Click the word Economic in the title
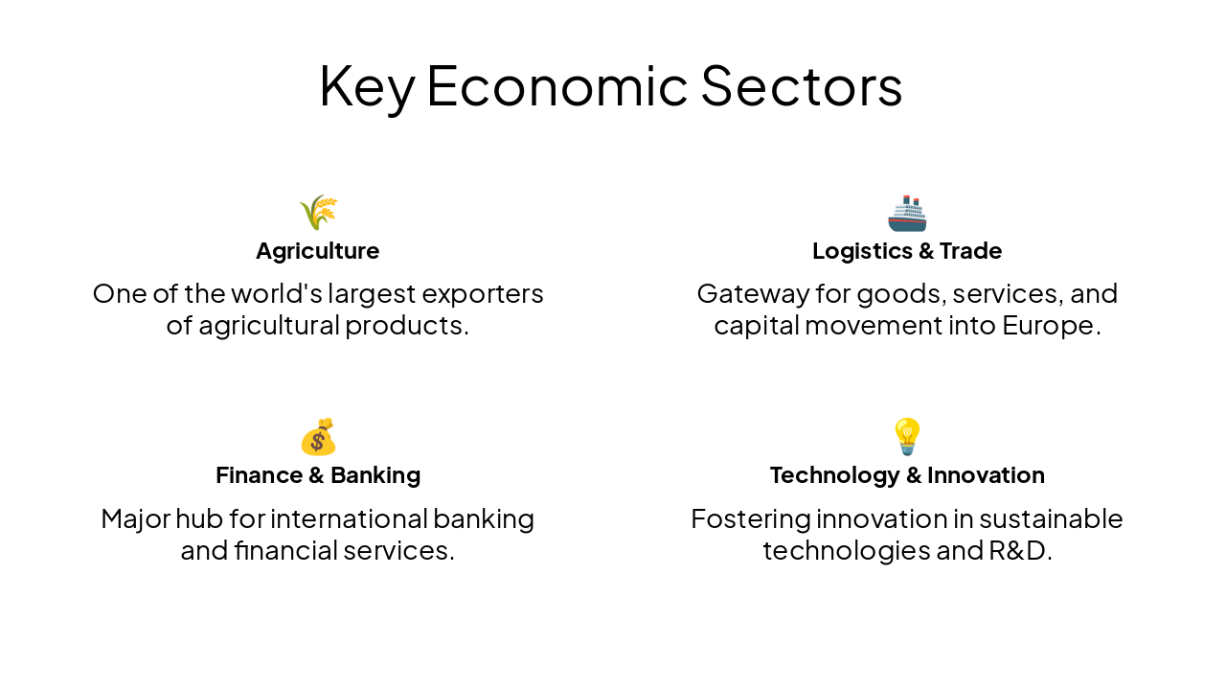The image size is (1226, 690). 556,85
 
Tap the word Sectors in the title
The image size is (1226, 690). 801,85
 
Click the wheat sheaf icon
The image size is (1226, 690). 318,212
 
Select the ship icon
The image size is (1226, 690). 907,213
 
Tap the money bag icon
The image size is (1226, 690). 318,437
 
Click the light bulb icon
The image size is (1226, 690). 907,437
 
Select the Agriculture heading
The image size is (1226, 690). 318,251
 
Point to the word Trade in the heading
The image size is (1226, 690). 970,251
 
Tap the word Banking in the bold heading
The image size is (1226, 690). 375,475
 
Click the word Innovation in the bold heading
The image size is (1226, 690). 986,475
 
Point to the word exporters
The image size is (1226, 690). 483,293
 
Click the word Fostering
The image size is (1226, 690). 750,518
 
